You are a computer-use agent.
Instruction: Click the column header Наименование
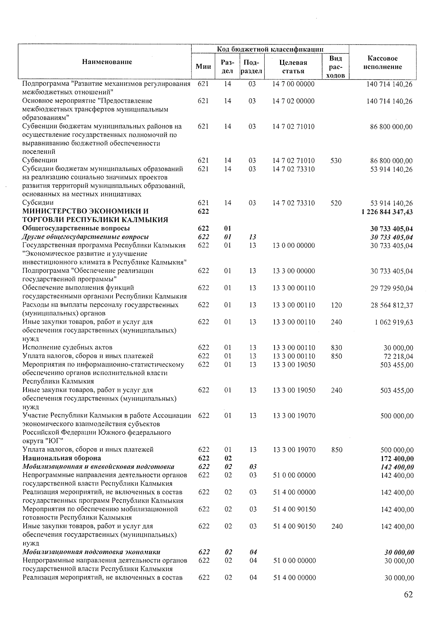tap(107, 62)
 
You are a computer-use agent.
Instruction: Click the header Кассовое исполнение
tap(382, 63)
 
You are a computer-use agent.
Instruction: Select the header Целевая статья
tap(293, 67)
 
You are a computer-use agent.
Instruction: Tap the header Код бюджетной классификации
tap(270, 49)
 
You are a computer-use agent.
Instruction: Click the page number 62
tap(408, 595)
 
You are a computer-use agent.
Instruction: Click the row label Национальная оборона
tap(62, 458)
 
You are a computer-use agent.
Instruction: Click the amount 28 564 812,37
tap(391, 305)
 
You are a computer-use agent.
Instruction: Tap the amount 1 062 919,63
tap(394, 322)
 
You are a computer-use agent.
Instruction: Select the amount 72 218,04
tap(398, 356)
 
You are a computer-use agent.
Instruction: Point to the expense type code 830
tap(336, 347)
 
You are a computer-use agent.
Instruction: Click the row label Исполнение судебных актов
tap(67, 347)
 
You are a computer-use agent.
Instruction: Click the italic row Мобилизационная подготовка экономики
tap(91, 552)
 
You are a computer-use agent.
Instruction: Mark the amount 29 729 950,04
tap(391, 288)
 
